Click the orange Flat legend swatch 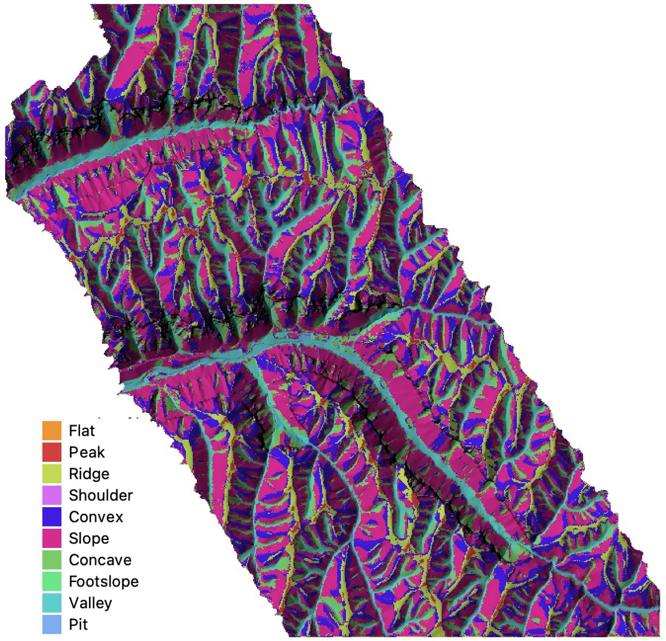tap(51, 431)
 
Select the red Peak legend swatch tap(51, 452)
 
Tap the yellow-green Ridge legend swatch tap(51, 474)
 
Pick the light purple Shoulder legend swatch tap(51, 495)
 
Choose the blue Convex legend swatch tap(51, 517)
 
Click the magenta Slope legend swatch tap(51, 538)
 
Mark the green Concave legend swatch tap(51, 560)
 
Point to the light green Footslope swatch tap(51, 581)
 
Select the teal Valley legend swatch tap(51, 603)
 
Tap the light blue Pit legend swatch tap(51, 625)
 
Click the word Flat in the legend tap(82, 431)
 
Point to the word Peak tap(87, 452)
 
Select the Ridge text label tap(89, 474)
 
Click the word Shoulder tap(100, 495)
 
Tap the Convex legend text tap(96, 517)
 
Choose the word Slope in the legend tap(88, 538)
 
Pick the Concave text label tap(100, 560)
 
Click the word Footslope tap(103, 581)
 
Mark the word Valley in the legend tap(90, 603)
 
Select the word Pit tap(78, 625)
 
